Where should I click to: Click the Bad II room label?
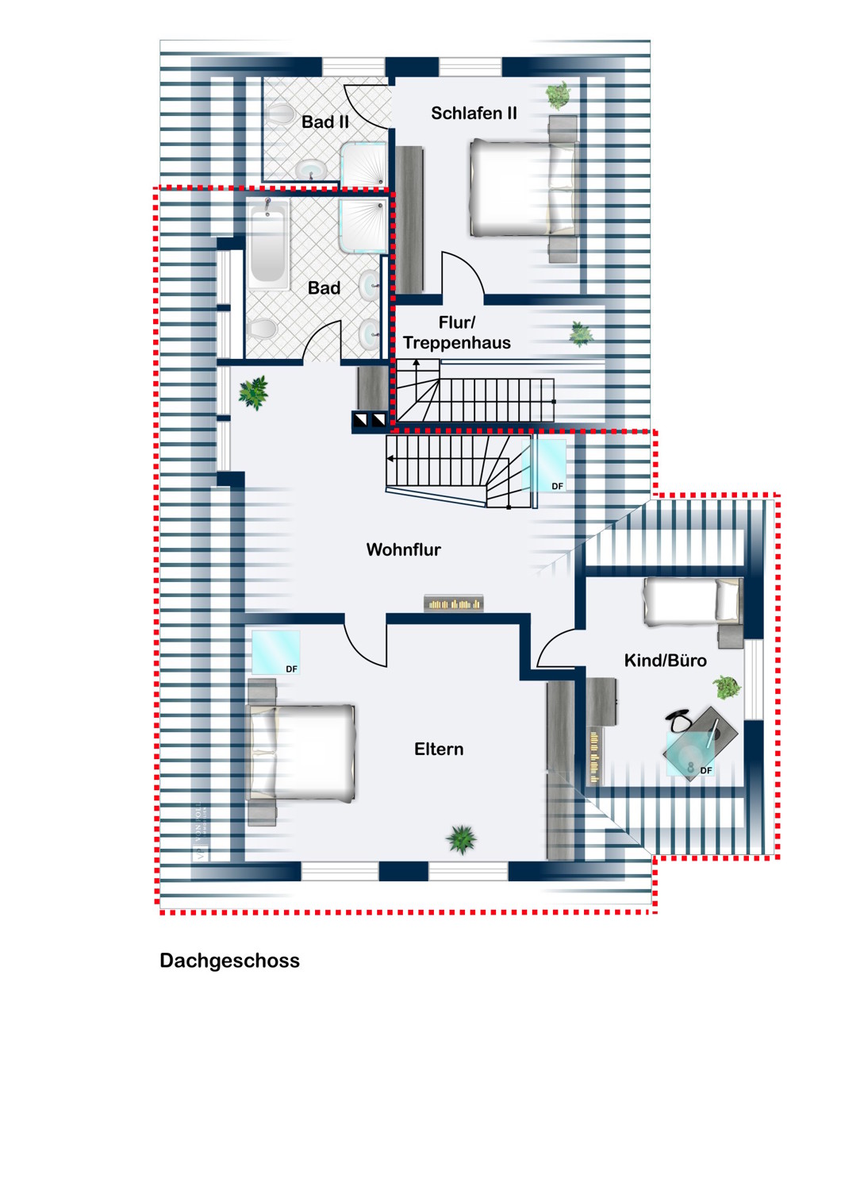point(324,122)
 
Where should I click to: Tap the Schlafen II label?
point(474,114)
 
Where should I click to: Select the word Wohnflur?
point(403,549)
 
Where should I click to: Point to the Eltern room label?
point(439,749)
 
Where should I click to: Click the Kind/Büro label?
point(665,661)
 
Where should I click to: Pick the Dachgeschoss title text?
point(229,961)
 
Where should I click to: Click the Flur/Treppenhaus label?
point(456,333)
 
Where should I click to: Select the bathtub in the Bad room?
point(268,244)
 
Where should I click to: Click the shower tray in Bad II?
point(364,164)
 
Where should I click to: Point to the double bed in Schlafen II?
point(523,188)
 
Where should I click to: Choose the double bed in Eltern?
point(301,752)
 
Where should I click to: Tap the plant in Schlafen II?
point(559,95)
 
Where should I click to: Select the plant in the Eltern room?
point(462,838)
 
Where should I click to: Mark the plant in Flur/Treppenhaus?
point(582,333)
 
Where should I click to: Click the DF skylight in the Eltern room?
point(275,653)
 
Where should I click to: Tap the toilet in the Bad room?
point(262,327)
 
